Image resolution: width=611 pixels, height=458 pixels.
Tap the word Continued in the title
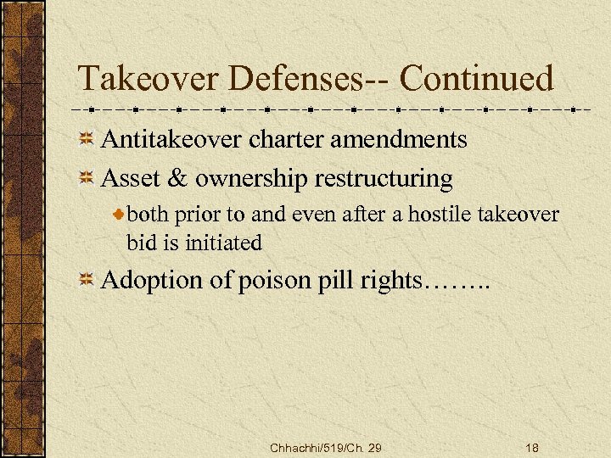click(476, 79)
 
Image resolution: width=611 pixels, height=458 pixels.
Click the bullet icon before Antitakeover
click(86, 140)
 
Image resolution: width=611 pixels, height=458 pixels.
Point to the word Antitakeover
click(172, 139)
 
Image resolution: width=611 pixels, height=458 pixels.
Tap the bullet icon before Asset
click(86, 179)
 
